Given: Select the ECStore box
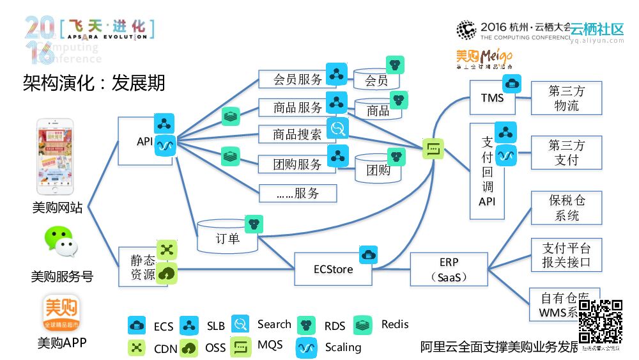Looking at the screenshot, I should coord(333,269).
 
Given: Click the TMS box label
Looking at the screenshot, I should coord(492,98).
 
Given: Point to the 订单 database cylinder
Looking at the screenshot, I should coord(227,238).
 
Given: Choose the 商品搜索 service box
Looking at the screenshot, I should coord(297,135).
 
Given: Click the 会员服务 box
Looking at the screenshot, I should coord(297,79).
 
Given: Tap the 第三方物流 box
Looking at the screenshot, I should coord(566,98).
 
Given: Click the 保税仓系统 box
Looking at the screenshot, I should coord(566,208).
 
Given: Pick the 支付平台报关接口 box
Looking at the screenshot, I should coord(566,254).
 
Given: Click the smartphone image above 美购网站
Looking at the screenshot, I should coord(54,157).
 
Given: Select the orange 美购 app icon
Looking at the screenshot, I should coord(61,313).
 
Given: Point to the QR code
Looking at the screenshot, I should coord(601,322).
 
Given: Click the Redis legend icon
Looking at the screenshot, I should coord(363,325).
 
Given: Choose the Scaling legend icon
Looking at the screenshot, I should coord(307,347).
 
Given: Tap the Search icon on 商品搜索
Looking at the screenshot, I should coord(337,129).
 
